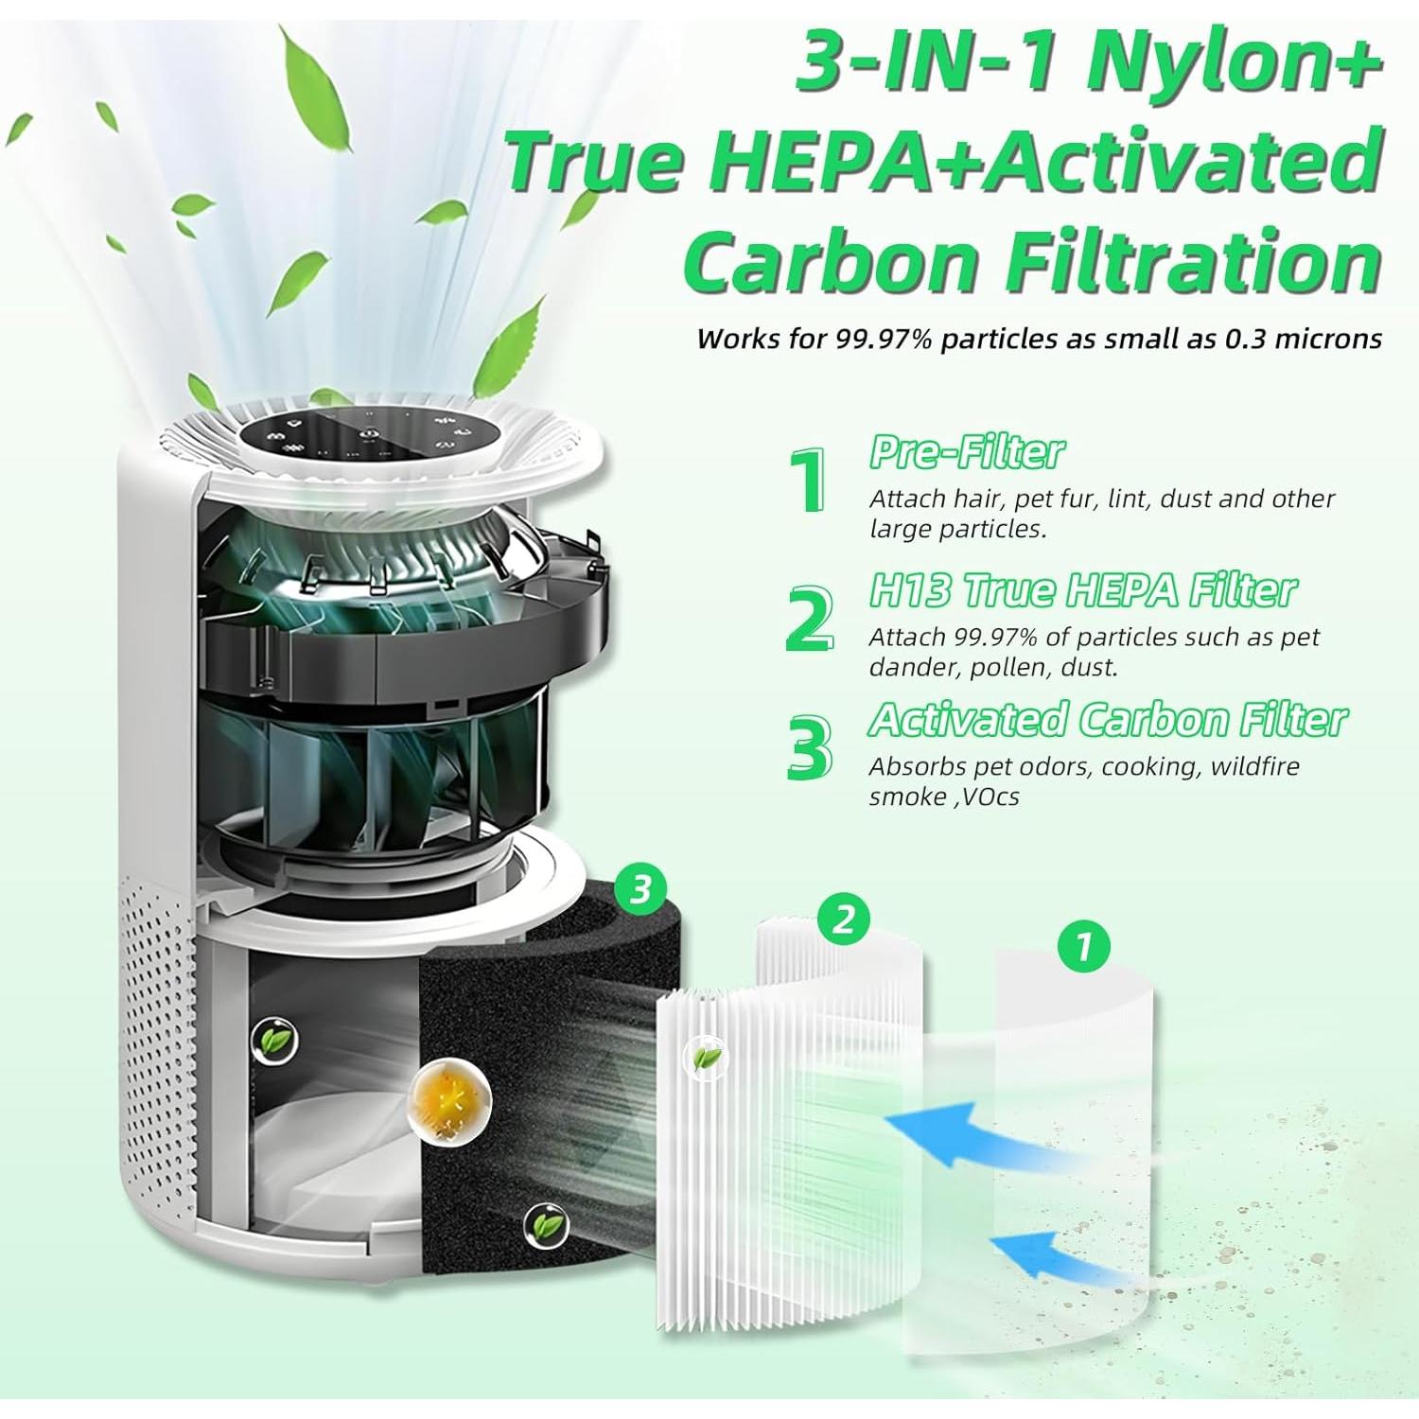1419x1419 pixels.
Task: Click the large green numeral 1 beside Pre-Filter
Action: pyautogui.click(x=812, y=482)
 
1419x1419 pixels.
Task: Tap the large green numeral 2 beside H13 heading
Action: pyautogui.click(x=810, y=620)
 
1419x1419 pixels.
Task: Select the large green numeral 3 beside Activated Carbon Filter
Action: pyautogui.click(x=810, y=748)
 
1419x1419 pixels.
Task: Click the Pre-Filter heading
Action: pyautogui.click(x=967, y=452)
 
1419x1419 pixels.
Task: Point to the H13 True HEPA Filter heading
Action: pyautogui.click(x=1082, y=590)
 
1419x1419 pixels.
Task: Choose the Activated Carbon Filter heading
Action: pyautogui.click(x=1108, y=720)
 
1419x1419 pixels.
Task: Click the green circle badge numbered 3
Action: pyautogui.click(x=640, y=888)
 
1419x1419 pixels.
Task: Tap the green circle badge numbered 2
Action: pyautogui.click(x=844, y=919)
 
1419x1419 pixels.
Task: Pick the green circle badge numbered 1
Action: pyautogui.click(x=1084, y=945)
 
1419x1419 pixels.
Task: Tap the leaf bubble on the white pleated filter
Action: pyautogui.click(x=705, y=1058)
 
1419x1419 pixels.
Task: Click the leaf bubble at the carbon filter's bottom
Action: pyautogui.click(x=545, y=1226)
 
